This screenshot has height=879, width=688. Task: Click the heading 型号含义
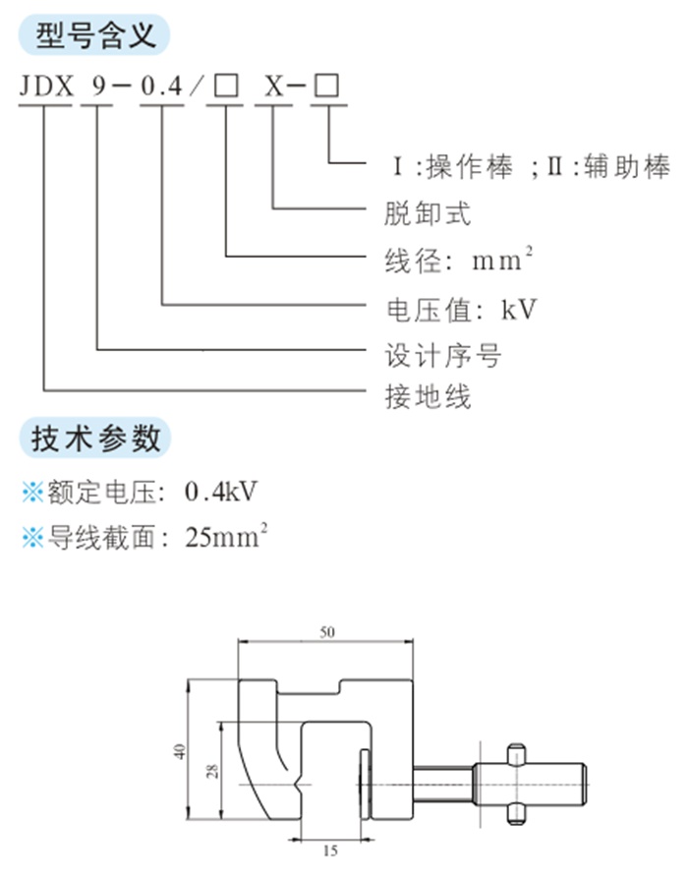click(x=95, y=35)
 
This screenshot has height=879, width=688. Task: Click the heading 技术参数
click(x=95, y=438)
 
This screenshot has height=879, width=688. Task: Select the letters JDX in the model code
click(x=46, y=87)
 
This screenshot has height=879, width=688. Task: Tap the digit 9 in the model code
click(x=98, y=87)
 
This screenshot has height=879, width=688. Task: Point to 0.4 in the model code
click(x=162, y=87)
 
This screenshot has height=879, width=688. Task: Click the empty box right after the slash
click(x=227, y=87)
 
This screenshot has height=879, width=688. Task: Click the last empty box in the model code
click(x=326, y=86)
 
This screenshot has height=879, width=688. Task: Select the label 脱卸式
click(x=428, y=213)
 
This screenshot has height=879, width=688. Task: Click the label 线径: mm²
click(x=458, y=260)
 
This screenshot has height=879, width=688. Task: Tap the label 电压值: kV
click(x=461, y=310)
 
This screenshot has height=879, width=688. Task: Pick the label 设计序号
click(x=442, y=356)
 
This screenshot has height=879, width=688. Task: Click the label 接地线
click(x=428, y=397)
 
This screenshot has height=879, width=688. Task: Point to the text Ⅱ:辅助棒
click(x=608, y=166)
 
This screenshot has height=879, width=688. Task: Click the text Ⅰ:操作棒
click(x=453, y=166)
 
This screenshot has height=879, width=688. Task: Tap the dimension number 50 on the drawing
click(x=327, y=632)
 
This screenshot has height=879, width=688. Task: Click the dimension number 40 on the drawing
click(x=179, y=751)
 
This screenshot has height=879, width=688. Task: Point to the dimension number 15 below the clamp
click(x=330, y=850)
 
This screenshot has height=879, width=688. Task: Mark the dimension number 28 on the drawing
click(x=212, y=771)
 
